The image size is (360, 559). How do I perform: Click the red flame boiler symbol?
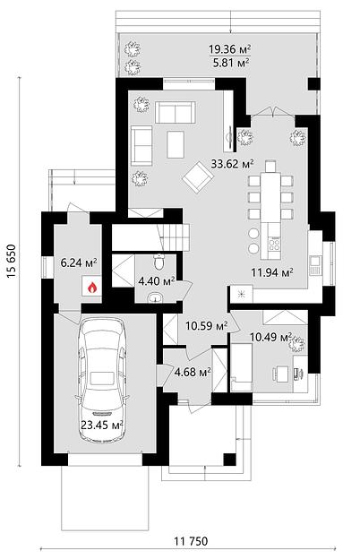click(92, 286)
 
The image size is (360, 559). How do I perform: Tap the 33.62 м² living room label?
click(233, 164)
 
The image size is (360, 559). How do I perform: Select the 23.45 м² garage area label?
click(102, 425)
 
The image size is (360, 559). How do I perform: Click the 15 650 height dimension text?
click(12, 262)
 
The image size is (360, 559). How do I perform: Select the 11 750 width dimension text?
click(191, 541)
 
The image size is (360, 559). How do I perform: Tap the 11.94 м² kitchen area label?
click(272, 272)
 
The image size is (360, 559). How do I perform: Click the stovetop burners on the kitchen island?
click(275, 244)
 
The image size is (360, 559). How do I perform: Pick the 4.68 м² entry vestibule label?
click(193, 372)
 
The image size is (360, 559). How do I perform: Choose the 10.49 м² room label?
click(270, 337)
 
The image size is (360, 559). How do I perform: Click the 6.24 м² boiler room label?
click(79, 263)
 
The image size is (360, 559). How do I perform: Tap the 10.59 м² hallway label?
click(207, 325)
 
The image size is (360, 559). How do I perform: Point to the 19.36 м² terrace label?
click(230, 48)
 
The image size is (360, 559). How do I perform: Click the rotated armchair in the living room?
click(198, 176)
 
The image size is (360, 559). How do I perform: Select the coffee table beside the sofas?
click(176, 144)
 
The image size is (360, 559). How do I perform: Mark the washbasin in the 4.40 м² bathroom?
click(155, 297)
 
